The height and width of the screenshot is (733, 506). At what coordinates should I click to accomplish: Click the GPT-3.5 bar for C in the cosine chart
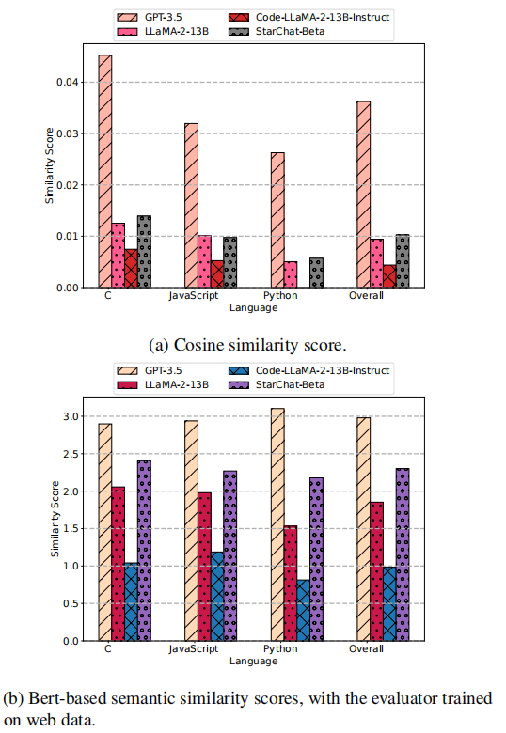tap(105, 171)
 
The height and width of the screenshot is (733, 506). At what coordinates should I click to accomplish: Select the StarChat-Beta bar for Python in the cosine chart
tap(316, 273)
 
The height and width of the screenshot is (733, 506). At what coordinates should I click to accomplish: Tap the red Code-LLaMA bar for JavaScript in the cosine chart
tap(217, 274)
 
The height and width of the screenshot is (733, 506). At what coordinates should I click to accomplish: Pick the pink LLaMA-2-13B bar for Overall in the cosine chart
tap(376, 263)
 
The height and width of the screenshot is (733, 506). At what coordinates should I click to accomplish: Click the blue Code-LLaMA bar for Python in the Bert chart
tap(303, 610)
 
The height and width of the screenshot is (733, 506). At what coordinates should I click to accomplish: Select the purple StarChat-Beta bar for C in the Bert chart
tap(144, 551)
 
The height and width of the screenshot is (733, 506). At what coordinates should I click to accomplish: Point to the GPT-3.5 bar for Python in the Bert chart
tap(277, 524)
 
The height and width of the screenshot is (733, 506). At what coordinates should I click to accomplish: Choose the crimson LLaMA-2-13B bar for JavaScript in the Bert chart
tap(204, 567)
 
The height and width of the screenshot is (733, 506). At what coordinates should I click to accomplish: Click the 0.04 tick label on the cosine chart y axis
tap(68, 83)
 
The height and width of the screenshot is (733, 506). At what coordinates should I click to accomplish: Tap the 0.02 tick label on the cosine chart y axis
tap(68, 185)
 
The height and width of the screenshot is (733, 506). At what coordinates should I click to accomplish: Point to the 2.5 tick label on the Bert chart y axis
tap(71, 454)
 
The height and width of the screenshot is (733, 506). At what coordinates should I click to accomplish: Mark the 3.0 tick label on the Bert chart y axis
tap(71, 416)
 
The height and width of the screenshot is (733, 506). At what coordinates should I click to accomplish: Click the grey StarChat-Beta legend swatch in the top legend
tap(239, 32)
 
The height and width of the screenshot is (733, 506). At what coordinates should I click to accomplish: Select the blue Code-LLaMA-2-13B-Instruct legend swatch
tap(239, 370)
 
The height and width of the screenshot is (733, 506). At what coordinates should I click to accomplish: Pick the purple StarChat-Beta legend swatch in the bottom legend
tap(239, 384)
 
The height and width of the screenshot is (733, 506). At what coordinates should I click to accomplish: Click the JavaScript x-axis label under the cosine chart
tap(194, 296)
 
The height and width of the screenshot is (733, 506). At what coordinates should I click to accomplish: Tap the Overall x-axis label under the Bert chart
tap(366, 648)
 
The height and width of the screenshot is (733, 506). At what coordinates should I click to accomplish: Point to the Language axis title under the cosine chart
tap(253, 308)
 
